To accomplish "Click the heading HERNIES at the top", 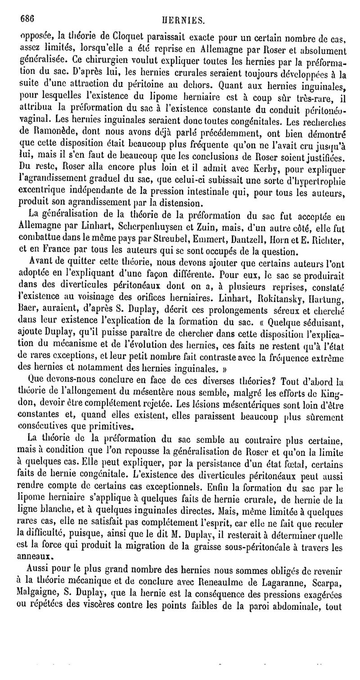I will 183,20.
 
